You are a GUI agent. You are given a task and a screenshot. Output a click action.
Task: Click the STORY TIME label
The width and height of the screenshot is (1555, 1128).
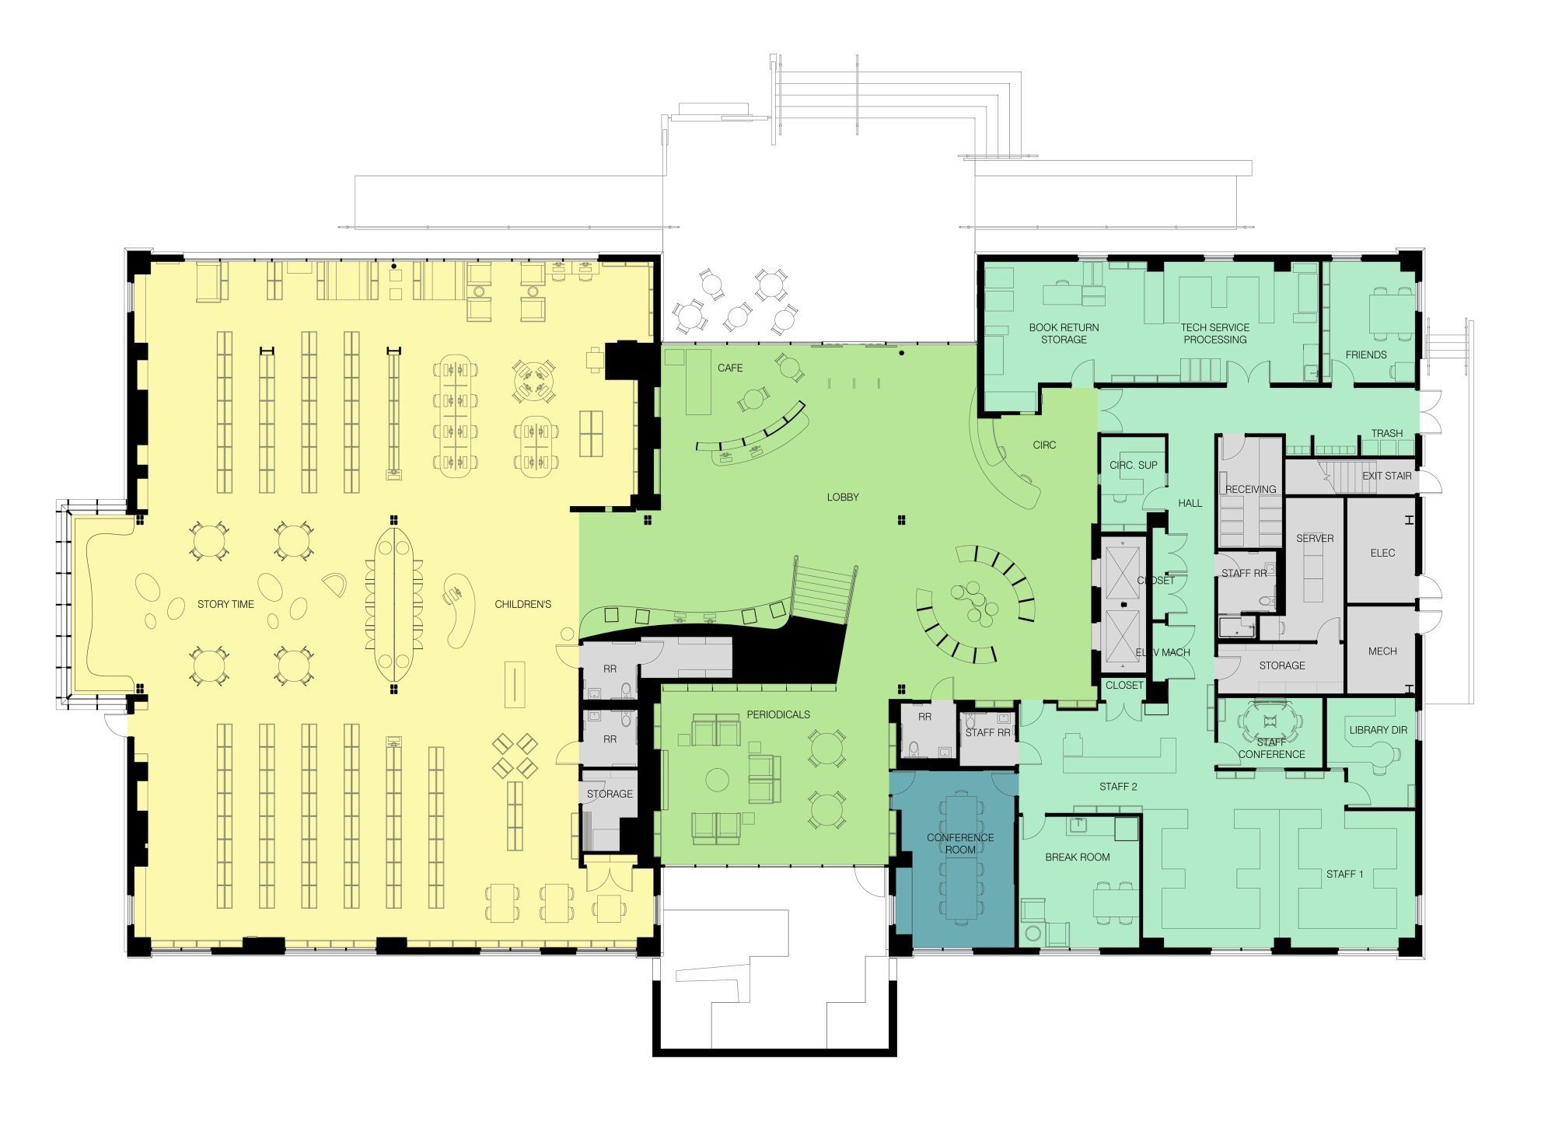(x=225, y=604)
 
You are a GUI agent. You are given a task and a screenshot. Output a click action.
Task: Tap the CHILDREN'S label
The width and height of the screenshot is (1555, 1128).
(x=522, y=604)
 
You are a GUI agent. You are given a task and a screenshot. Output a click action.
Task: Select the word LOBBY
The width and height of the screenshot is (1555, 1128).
(x=843, y=497)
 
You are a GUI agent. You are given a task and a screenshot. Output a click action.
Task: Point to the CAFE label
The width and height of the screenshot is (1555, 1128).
(x=730, y=368)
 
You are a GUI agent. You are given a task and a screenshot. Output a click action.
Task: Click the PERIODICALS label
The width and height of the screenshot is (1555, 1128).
(x=778, y=714)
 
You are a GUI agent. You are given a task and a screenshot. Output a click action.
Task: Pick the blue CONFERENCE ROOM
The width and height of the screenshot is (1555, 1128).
(x=953, y=859)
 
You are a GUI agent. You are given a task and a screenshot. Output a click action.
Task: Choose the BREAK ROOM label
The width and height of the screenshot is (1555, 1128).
(x=1077, y=857)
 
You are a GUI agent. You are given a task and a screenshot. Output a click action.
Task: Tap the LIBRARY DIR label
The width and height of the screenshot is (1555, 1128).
(x=1379, y=730)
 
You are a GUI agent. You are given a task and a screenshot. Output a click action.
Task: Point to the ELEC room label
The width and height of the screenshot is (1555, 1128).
(x=1382, y=553)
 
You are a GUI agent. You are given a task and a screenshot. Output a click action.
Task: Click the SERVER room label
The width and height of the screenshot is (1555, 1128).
(x=1315, y=538)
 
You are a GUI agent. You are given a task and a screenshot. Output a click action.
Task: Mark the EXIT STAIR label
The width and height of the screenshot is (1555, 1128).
(x=1387, y=476)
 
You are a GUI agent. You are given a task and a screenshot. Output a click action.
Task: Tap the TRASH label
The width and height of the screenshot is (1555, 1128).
(x=1387, y=433)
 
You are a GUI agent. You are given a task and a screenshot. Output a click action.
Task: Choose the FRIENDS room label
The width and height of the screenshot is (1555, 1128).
(x=1366, y=354)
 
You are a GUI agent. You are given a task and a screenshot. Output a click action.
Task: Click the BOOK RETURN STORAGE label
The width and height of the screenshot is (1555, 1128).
(x=1064, y=334)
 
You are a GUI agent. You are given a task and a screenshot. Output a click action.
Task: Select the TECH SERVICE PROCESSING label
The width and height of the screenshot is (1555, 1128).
(x=1215, y=334)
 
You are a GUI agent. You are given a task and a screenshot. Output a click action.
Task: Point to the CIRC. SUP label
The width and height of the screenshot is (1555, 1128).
(x=1134, y=465)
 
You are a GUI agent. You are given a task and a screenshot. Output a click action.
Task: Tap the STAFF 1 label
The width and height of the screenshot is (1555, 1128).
(x=1345, y=874)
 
